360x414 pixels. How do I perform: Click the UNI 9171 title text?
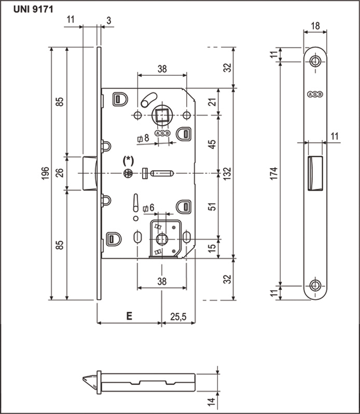tap(33, 9)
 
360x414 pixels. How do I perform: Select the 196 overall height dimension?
tap(46, 173)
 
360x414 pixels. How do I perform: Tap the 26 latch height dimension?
tap(61, 173)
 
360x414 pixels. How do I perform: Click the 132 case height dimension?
tap(227, 173)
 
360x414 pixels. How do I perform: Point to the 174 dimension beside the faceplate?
tap(274, 173)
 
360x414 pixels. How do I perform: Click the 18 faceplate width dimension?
tap(315, 26)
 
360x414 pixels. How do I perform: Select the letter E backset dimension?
tap(129, 316)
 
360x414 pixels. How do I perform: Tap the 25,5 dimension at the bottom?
tap(178, 316)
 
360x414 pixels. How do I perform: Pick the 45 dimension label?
tap(212, 144)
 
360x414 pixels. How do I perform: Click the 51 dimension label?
tap(212, 206)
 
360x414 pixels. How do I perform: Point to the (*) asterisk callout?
tap(128, 161)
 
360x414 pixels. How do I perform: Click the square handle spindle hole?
tap(161, 115)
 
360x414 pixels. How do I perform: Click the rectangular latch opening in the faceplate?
tap(315, 173)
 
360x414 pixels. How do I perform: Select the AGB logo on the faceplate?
tap(315, 94)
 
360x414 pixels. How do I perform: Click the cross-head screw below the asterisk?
tap(128, 173)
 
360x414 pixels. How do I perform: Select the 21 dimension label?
tap(212, 102)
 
